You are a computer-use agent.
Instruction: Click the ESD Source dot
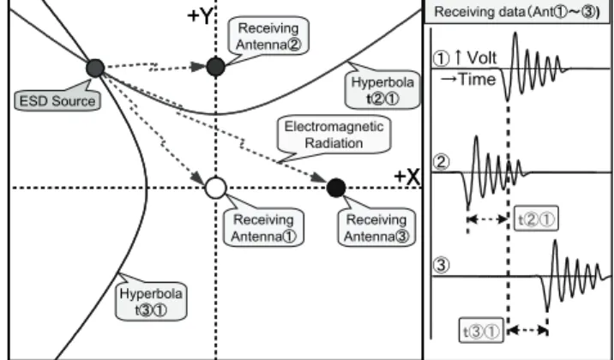[x=95, y=68]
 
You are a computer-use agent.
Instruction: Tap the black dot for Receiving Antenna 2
[x=216, y=67]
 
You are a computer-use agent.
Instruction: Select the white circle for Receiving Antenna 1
[x=216, y=188]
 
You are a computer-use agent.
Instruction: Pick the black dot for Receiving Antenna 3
[x=336, y=188]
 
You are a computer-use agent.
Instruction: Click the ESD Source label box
[x=57, y=101]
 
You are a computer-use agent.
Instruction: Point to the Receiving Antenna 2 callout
[x=268, y=36]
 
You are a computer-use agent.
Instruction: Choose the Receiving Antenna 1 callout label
[x=263, y=228]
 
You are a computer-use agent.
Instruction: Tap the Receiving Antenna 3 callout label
[x=376, y=228]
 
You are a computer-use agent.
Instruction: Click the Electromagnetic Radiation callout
[x=334, y=135]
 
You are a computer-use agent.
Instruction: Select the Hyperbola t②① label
[x=382, y=90]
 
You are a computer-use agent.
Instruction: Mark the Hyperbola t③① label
[x=151, y=302]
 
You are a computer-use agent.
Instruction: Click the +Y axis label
[x=200, y=16]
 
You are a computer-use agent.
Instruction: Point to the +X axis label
[x=406, y=177]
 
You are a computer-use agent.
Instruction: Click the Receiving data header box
[x=517, y=12]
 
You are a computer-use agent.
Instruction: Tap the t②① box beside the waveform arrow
[x=536, y=220]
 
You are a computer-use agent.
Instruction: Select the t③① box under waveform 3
[x=481, y=332]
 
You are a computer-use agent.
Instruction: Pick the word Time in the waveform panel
[x=476, y=80]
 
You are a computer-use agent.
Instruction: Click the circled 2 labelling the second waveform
[x=441, y=162]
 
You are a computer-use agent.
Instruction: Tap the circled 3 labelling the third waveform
[x=441, y=266]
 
